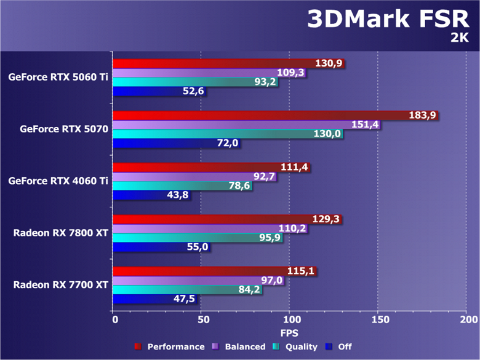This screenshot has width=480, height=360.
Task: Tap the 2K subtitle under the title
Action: point(460,38)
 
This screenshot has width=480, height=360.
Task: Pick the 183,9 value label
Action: point(423,115)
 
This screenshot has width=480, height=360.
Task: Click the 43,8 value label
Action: point(177,195)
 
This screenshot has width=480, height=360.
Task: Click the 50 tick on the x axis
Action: point(202,320)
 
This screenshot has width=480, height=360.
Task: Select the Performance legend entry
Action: point(169,346)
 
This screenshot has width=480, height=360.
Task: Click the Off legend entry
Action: point(339,346)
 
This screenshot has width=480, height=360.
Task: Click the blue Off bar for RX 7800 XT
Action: point(154,247)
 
